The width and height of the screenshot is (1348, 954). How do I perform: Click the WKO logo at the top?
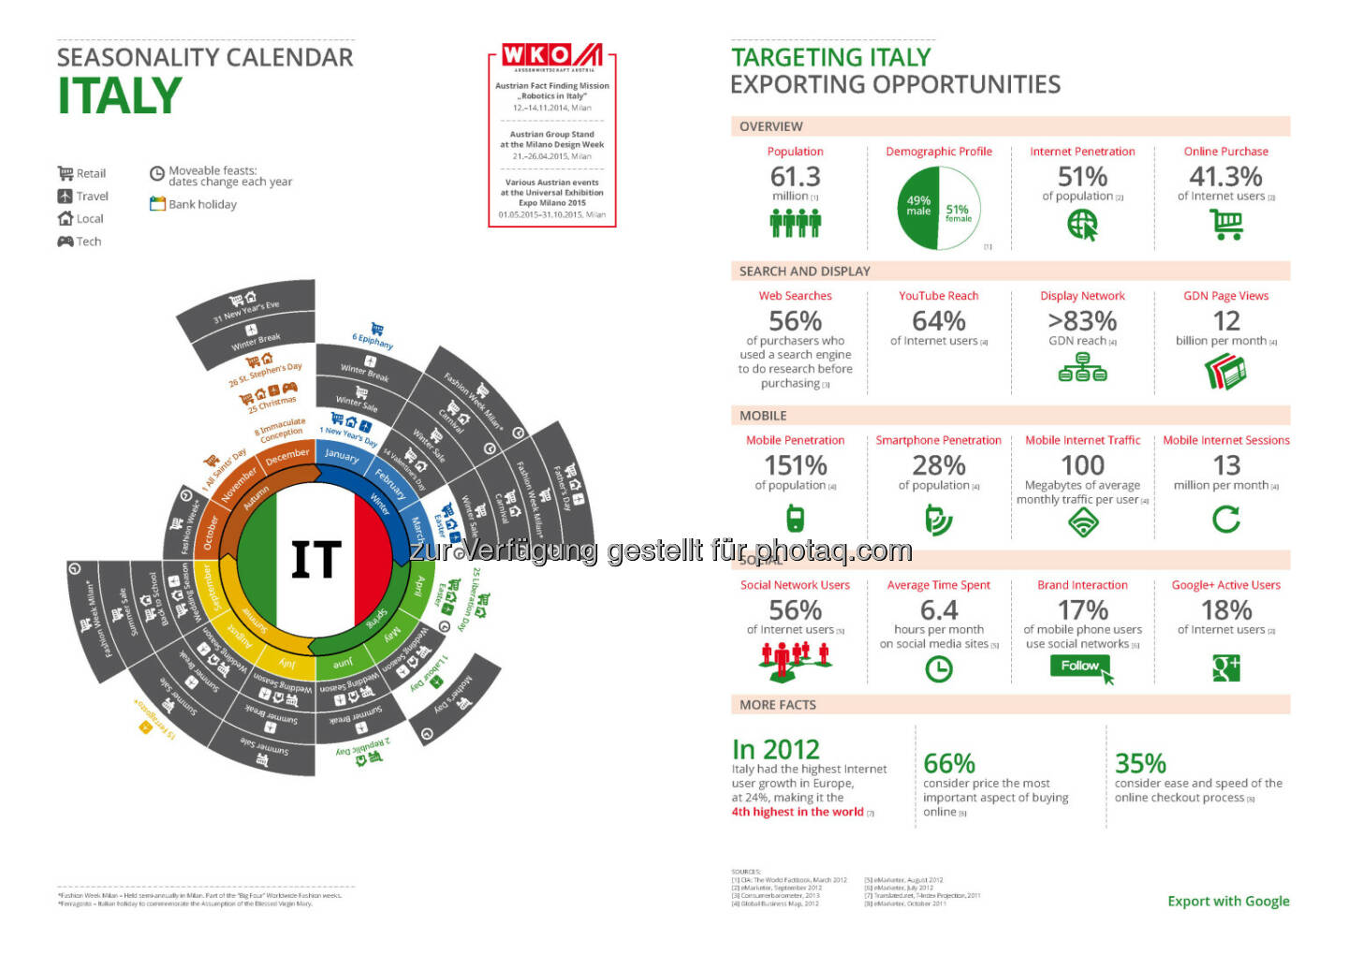(551, 56)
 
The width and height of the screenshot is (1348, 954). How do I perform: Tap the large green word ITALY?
(120, 96)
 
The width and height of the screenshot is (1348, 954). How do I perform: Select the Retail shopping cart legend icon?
(66, 173)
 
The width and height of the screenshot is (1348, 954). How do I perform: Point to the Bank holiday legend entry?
(194, 204)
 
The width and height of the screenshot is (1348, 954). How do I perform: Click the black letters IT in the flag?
(315, 560)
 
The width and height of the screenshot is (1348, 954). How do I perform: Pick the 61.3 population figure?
(795, 176)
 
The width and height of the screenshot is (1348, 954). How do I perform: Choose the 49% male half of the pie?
(918, 207)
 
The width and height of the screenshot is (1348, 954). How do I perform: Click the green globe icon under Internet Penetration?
(1082, 225)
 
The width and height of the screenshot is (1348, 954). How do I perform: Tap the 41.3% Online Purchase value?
(1225, 176)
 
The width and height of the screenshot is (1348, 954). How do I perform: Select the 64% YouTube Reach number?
(938, 321)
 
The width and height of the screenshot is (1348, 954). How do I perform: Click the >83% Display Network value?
(1082, 321)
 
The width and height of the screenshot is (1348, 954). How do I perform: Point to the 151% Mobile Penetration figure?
(795, 465)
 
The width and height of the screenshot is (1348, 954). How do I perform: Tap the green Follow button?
(1080, 666)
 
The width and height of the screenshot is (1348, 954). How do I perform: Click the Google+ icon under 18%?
(1225, 668)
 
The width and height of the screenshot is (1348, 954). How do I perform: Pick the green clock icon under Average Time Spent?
(938, 668)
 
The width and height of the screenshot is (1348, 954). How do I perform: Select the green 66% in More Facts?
(949, 763)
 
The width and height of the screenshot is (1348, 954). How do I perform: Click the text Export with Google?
(1228, 901)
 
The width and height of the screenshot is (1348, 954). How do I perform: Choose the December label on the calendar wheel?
(287, 455)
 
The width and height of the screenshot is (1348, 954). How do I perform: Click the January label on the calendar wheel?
(342, 455)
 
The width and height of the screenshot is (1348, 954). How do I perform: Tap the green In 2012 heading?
(775, 749)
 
